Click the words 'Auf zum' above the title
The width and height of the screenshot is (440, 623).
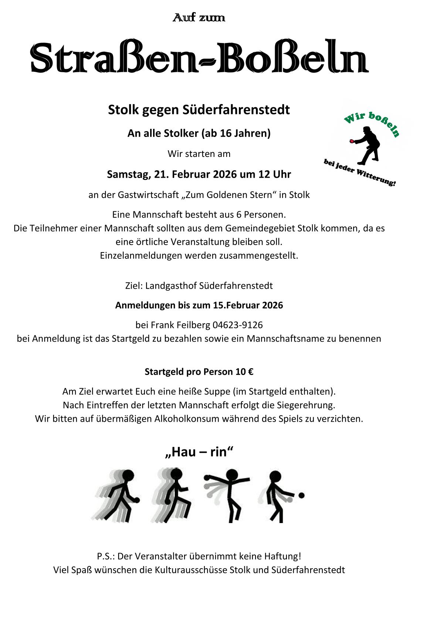[x=199, y=17]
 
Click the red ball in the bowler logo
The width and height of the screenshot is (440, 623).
[x=352, y=141]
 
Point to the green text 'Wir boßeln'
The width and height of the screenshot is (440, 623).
[x=371, y=123]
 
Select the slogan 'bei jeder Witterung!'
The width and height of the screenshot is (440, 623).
[x=359, y=173]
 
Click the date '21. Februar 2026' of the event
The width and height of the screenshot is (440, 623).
[x=195, y=174]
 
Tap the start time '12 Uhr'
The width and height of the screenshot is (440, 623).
[x=274, y=174]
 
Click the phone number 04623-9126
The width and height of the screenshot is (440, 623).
[x=237, y=325]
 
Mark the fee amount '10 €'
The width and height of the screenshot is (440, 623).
[x=244, y=372]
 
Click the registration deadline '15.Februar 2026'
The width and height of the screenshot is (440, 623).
[x=248, y=305]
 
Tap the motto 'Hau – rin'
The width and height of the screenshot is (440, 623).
[x=199, y=452]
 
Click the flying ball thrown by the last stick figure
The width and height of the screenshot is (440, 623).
[x=301, y=495]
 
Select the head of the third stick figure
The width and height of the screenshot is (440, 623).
[x=232, y=475]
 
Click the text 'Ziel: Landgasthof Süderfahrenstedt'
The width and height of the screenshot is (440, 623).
[x=199, y=286]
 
